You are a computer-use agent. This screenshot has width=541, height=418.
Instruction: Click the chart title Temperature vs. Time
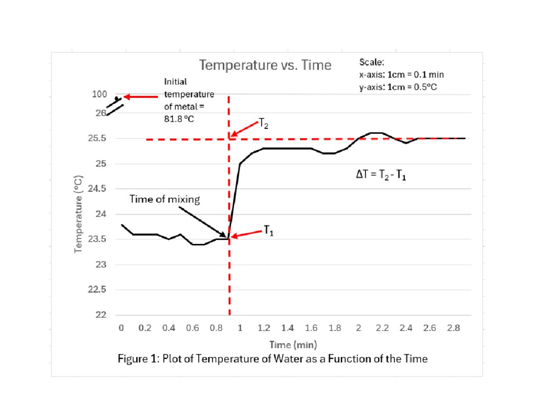pos(265,66)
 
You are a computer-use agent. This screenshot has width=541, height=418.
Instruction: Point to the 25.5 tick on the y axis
pos(98,138)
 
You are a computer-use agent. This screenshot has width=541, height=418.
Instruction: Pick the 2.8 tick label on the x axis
pos(454,328)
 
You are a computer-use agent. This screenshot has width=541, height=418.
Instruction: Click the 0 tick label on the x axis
pos(121,328)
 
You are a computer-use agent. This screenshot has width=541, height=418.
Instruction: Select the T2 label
pos(264,123)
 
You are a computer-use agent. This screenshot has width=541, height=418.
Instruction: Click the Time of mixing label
pos(165,199)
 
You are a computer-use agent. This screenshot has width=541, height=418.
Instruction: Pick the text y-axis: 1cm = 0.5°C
pos(398,87)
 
